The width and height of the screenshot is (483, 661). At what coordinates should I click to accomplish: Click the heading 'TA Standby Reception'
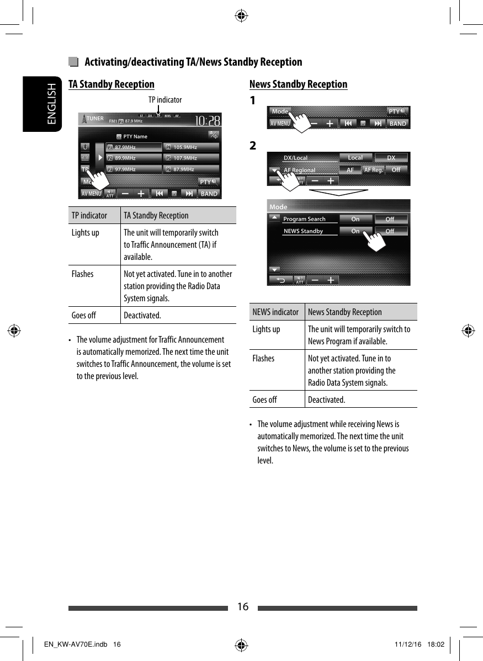point(111,84)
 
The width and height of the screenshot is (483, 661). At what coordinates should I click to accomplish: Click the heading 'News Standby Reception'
point(298,84)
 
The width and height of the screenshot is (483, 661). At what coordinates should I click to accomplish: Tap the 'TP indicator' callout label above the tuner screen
point(164,100)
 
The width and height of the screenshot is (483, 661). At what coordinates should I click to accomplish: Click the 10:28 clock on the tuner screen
point(207,121)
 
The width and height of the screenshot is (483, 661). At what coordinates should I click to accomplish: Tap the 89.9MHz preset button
point(134,158)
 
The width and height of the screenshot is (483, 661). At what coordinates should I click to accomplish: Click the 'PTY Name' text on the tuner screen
point(135,136)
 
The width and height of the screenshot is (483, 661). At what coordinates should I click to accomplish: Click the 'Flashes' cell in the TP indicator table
point(83,274)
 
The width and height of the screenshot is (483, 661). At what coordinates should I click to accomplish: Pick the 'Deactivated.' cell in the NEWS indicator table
point(326,399)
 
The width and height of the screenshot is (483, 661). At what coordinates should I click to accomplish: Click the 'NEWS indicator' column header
point(275,312)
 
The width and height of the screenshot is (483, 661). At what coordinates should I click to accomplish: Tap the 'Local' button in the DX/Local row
point(355,158)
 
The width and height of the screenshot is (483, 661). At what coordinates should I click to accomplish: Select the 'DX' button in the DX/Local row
point(391,158)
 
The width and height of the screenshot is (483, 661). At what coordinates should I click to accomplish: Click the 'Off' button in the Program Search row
point(390,219)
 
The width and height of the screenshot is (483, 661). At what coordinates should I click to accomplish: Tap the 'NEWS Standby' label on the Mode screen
point(304,231)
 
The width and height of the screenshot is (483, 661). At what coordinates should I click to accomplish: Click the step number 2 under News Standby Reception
point(253,146)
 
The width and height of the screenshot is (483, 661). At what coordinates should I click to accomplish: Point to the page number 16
point(242,607)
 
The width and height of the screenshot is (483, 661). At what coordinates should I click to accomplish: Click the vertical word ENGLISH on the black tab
point(51,104)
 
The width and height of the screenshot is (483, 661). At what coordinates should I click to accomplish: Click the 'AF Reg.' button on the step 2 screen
point(373,170)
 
